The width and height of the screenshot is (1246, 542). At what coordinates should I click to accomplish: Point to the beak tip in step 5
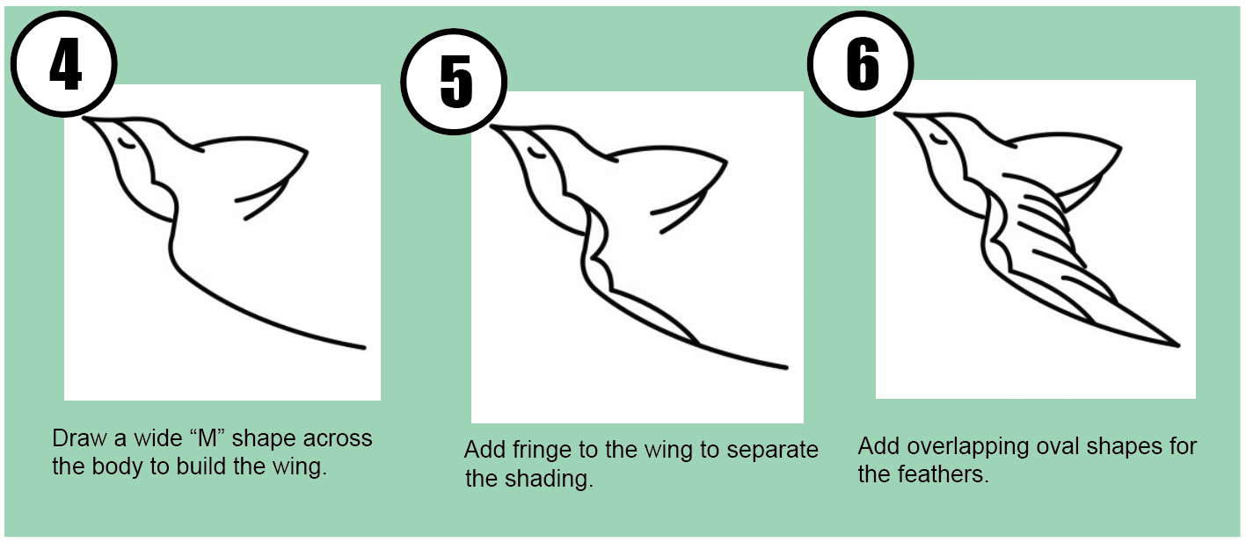click(492, 128)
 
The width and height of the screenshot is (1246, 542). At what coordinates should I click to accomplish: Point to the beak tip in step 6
click(895, 115)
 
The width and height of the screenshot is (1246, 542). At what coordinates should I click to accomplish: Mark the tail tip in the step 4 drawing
click(362, 348)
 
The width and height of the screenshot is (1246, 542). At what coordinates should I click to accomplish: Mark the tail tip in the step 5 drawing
click(784, 366)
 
